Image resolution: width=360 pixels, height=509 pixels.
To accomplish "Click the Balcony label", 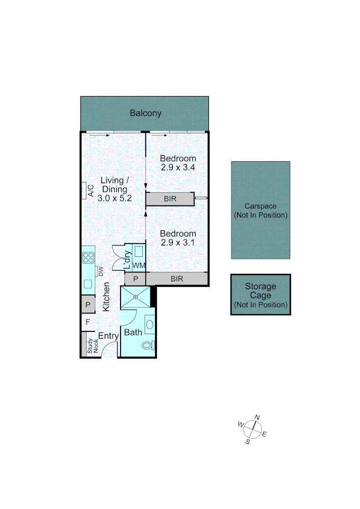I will click(x=146, y=113).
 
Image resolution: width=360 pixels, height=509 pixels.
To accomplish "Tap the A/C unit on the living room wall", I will click(x=84, y=190).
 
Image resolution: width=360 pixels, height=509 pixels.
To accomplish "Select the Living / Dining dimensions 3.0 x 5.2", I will click(x=114, y=198).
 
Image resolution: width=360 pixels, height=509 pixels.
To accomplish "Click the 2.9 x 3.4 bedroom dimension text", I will click(x=177, y=167).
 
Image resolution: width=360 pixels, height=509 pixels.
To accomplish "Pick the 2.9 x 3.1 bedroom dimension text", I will click(x=177, y=243).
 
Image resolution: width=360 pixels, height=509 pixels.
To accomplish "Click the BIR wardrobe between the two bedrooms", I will click(x=170, y=199).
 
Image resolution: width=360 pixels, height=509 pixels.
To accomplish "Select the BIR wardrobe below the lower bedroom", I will click(x=177, y=279).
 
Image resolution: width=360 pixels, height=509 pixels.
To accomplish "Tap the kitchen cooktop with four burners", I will click(x=88, y=257).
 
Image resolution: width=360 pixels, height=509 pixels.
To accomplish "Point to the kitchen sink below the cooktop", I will click(x=88, y=284).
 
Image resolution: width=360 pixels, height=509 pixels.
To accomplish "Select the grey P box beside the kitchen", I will click(x=88, y=304).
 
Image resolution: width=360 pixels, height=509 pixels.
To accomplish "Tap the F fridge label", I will click(x=88, y=322).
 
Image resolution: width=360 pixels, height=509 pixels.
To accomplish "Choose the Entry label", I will click(x=108, y=336).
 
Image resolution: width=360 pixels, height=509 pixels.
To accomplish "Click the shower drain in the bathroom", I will click(x=136, y=296).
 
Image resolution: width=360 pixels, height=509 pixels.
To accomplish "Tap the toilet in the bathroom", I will click(x=148, y=345).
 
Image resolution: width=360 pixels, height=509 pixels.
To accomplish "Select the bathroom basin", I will click(x=149, y=324).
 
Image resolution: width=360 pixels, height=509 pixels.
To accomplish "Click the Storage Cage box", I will click(x=261, y=295).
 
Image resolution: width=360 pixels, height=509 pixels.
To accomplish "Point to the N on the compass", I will click(x=257, y=417).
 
